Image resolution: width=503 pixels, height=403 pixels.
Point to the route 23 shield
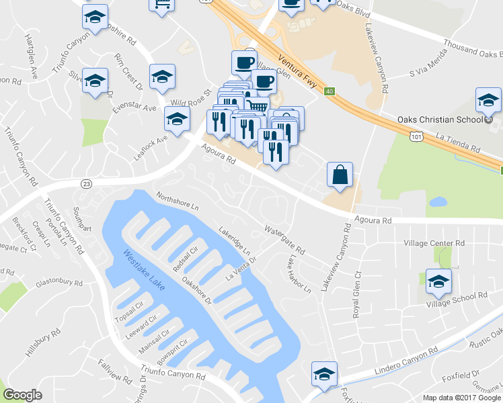(x=86, y=183)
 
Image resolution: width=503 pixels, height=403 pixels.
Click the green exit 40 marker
(x=329, y=91)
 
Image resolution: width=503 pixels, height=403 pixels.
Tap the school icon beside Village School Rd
(x=438, y=281)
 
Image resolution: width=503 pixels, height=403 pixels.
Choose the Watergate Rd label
(x=284, y=240)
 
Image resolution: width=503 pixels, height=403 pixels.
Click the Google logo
(x=22, y=395)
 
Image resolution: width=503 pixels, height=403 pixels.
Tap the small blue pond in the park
(x=437, y=201)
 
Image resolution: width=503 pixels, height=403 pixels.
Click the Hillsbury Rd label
(x=44, y=343)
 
